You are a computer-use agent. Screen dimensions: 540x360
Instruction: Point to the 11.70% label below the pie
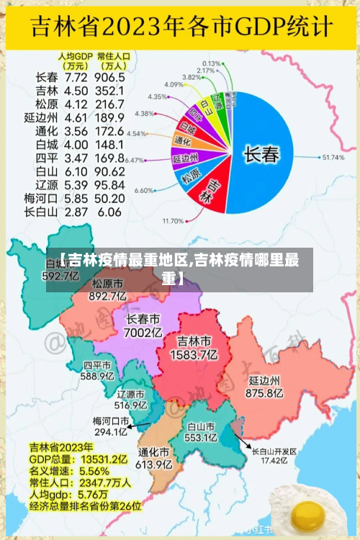pos(174,220)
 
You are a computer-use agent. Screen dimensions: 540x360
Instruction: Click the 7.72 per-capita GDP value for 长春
pos(77,76)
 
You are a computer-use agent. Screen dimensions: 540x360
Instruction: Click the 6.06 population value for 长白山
pos(109,212)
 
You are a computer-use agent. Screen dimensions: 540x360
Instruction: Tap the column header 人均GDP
pos(76,55)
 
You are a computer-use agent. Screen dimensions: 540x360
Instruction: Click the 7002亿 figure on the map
pos(143,333)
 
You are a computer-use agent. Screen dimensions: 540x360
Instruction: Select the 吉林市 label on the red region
pos(194,341)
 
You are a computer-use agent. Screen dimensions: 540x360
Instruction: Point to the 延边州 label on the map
pos(264,379)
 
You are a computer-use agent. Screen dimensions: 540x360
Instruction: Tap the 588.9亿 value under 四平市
pos(97,376)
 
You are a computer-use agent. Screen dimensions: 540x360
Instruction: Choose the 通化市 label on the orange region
pos(154,452)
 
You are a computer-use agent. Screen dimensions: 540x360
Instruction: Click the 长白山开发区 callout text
pos(274,451)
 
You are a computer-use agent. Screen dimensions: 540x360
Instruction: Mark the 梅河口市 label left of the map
pos(110,420)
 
